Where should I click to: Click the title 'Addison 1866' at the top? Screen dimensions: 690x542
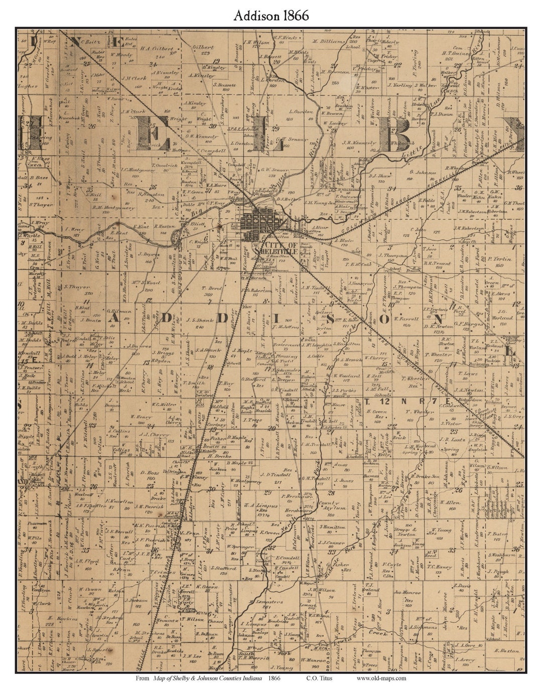271,16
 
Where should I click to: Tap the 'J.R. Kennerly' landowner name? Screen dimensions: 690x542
359,143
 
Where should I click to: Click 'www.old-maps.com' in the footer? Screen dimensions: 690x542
382,678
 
